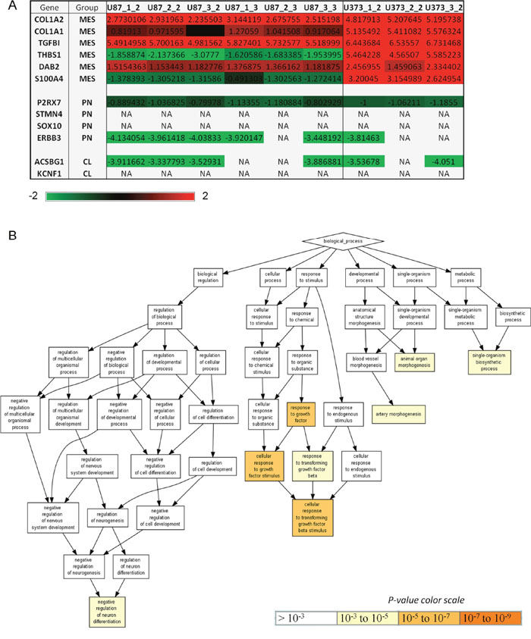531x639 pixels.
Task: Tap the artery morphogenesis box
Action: click(x=399, y=415)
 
